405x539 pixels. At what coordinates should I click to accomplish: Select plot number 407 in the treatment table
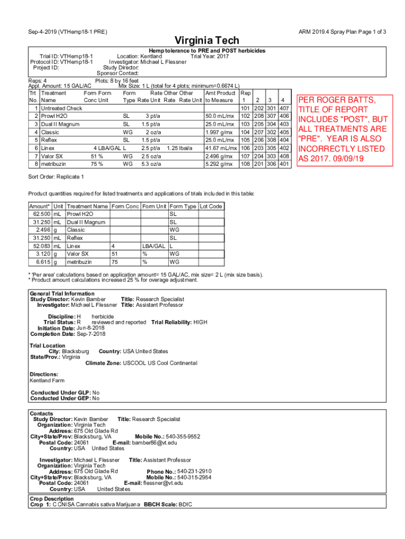[x=285, y=108]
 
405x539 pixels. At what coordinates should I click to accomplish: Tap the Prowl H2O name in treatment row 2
[x=54, y=116]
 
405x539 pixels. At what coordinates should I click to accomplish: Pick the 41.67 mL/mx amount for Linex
[x=220, y=148]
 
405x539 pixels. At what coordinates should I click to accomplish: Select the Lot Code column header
[x=211, y=206]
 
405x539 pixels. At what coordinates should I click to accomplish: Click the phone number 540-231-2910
[x=194, y=471]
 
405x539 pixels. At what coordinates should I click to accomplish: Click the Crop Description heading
[x=52, y=498]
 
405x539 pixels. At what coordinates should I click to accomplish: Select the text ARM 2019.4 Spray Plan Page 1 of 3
[x=342, y=32]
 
